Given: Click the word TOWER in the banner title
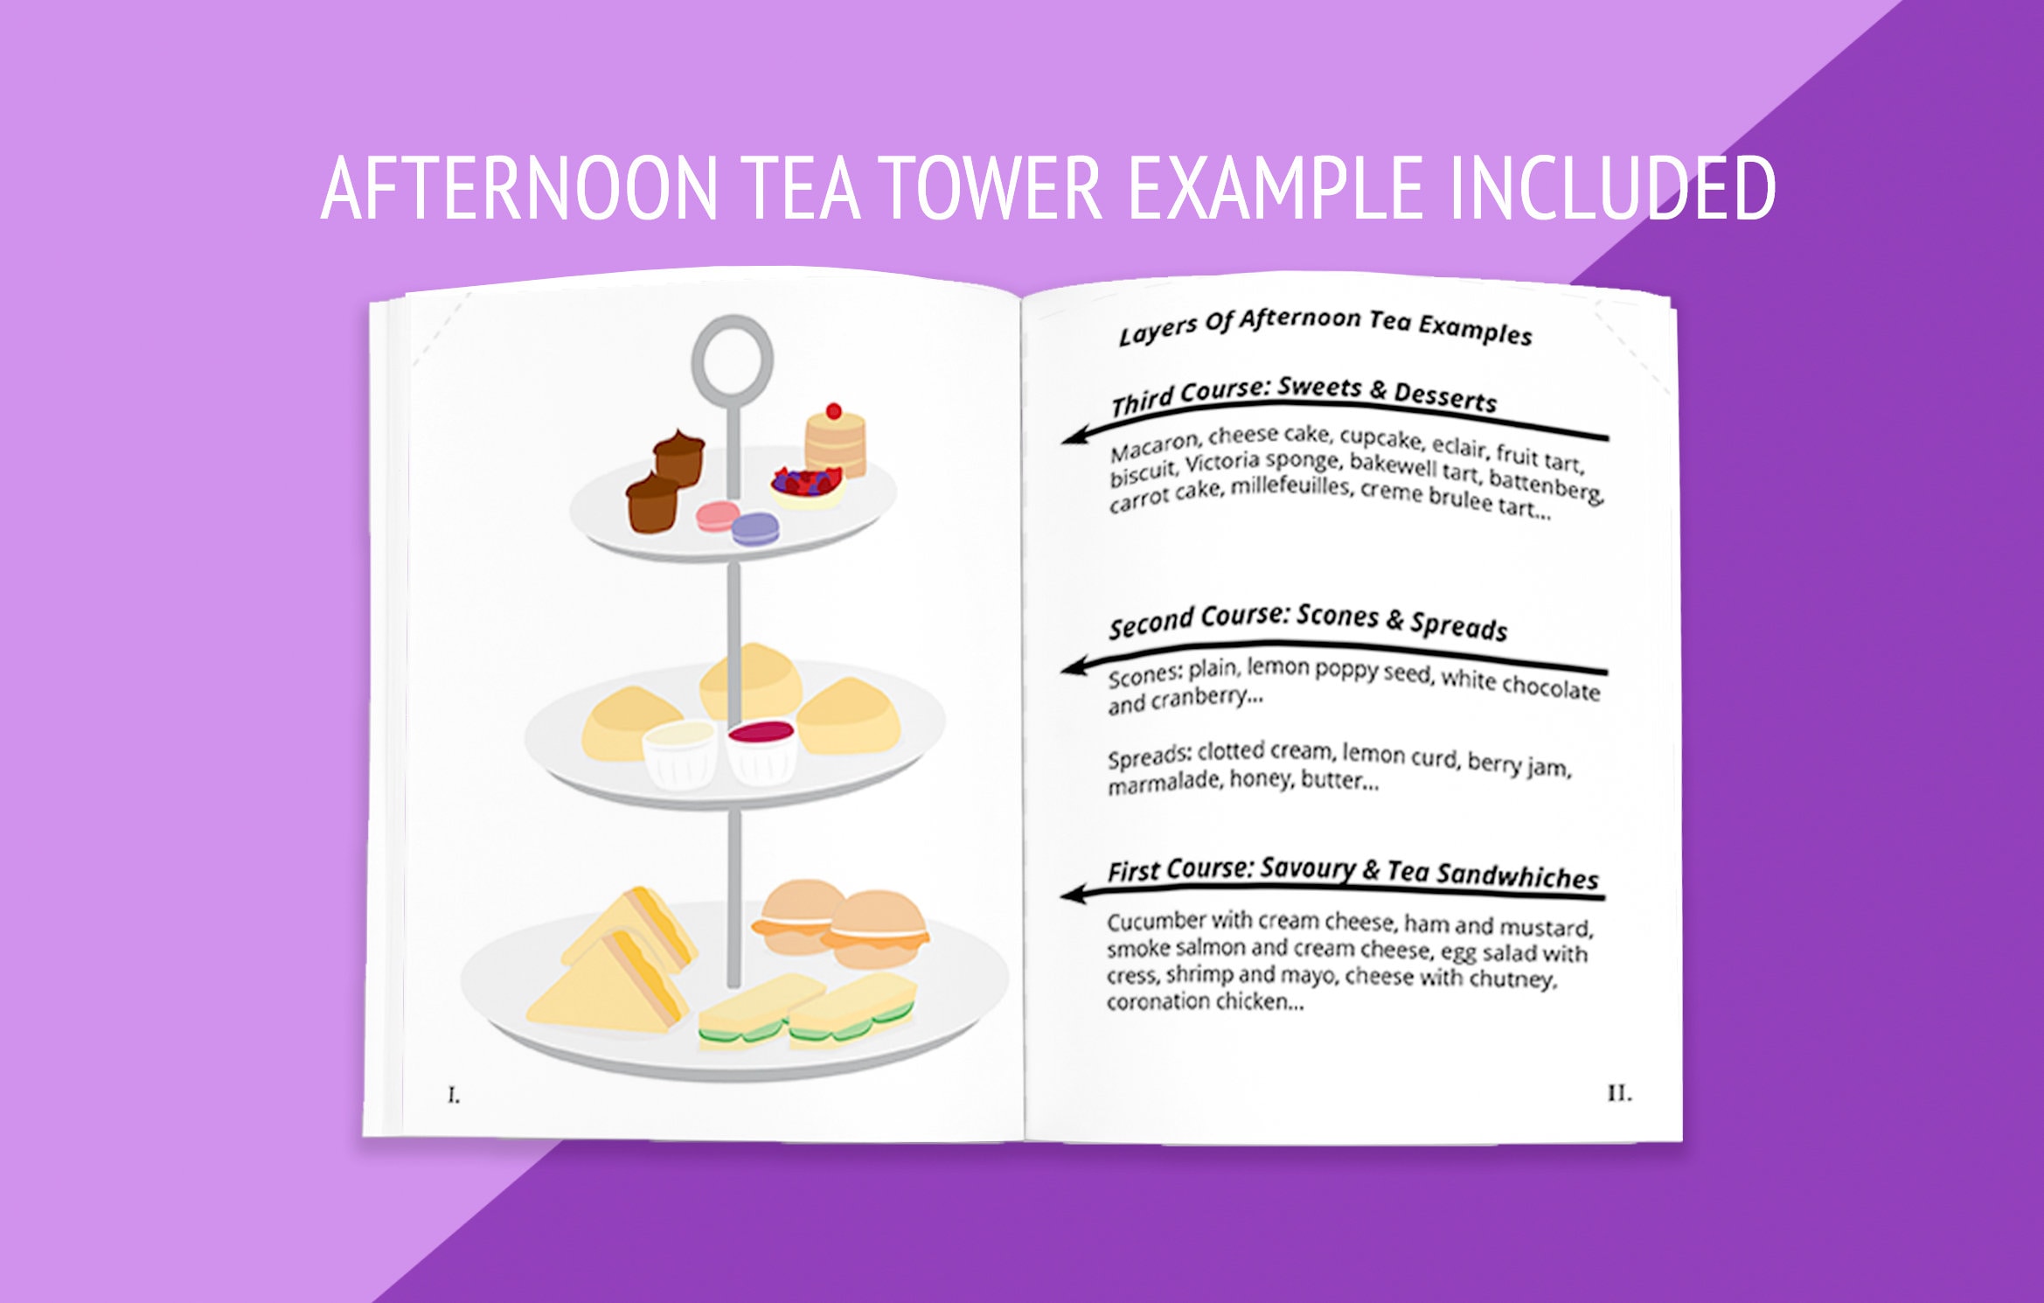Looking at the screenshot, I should click(991, 187).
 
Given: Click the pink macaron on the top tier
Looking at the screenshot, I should click(717, 516).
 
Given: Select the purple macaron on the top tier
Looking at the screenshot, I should click(755, 528).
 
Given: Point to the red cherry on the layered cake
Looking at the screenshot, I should click(834, 411).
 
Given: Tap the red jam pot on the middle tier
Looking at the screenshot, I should click(762, 750).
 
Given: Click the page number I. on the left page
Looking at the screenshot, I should click(454, 1095).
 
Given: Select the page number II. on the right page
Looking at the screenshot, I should click(1619, 1093).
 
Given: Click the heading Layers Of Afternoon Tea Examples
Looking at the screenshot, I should click(1325, 326).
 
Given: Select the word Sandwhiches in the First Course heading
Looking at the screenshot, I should click(1517, 875).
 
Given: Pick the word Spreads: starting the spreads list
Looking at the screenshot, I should click(1149, 757).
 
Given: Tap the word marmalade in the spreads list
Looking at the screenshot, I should click(1165, 783).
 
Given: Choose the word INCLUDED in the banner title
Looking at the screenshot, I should click(1612, 187).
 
